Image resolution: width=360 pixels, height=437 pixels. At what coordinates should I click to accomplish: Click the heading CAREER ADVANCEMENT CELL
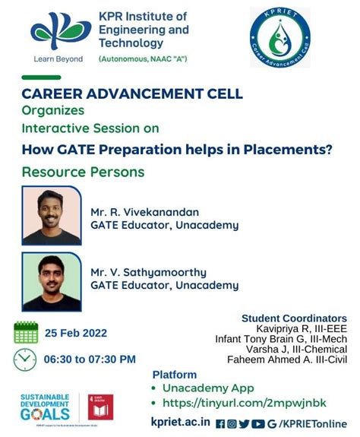pos(132,93)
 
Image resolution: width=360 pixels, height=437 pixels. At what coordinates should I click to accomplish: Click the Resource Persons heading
pos(83,172)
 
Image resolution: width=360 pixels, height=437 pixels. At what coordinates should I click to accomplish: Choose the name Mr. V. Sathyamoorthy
pos(149,271)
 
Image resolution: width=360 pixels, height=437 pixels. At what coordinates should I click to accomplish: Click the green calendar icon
pos(26,332)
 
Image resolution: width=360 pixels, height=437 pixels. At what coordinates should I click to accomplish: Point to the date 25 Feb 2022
pos(76,333)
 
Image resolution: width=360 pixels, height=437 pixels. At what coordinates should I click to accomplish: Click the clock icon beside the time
pos(25,358)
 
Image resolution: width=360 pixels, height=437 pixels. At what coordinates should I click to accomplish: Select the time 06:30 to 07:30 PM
pos(90,359)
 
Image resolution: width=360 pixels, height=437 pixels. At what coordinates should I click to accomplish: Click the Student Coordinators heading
pos(294,318)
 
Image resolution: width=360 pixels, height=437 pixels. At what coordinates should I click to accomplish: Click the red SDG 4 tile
pos(99,407)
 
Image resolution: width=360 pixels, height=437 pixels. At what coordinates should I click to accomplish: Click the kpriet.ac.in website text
pos(181,423)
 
